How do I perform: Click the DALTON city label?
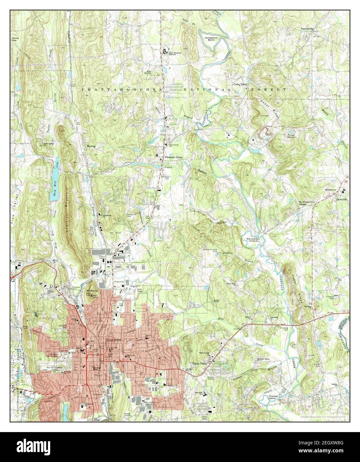coord(114,340)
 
